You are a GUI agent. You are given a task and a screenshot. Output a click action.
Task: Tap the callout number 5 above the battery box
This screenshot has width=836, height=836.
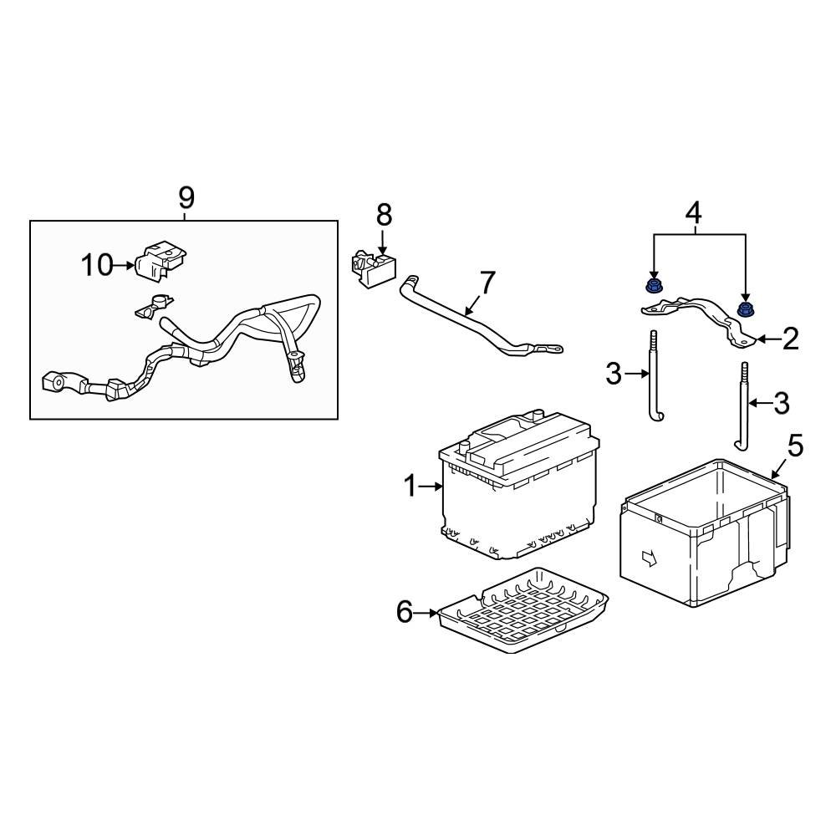[795, 446]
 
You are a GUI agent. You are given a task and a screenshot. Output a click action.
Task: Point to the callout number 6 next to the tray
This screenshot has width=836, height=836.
[405, 613]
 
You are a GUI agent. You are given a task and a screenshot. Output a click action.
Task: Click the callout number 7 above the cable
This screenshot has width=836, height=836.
[487, 282]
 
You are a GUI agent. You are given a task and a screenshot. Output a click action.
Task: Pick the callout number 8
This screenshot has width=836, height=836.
[384, 215]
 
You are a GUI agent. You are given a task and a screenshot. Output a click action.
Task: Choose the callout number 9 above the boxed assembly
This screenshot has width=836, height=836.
[186, 198]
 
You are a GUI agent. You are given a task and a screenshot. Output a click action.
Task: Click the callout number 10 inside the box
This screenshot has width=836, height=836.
[97, 265]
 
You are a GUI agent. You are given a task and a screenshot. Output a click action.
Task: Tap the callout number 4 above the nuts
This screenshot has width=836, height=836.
[693, 213]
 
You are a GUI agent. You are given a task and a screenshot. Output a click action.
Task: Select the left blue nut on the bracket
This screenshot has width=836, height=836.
[654, 288]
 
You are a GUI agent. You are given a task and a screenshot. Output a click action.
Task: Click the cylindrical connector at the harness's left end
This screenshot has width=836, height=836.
[55, 383]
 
